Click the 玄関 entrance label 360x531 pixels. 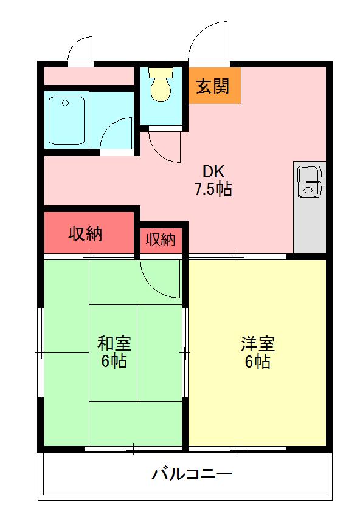[213, 86]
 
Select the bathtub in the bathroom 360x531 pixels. [67, 120]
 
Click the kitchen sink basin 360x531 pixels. [310, 182]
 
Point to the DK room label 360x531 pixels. [213, 172]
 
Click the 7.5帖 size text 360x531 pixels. [213, 189]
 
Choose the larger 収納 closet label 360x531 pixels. [85, 234]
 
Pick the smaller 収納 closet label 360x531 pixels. [161, 239]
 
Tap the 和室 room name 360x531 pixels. [114, 343]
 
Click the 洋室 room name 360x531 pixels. [258, 344]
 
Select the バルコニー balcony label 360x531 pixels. [192, 473]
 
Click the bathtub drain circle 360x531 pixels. [66, 103]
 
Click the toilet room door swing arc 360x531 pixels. [159, 153]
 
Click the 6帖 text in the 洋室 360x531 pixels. [258, 361]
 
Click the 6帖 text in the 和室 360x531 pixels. [114, 361]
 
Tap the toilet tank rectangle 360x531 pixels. [161, 73]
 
